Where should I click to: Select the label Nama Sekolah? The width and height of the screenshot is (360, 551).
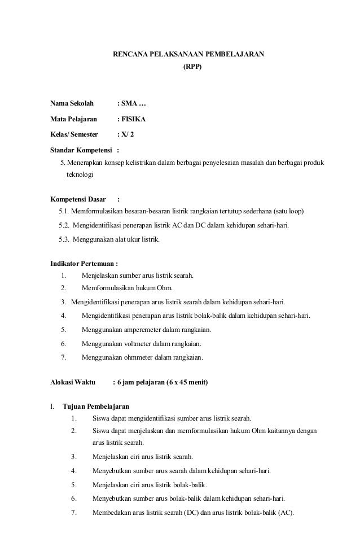point(72,104)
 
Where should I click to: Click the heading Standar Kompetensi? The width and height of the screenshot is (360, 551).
point(81,151)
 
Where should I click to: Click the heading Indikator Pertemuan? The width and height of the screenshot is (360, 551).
point(82,263)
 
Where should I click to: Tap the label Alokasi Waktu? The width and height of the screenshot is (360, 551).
point(73,382)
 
